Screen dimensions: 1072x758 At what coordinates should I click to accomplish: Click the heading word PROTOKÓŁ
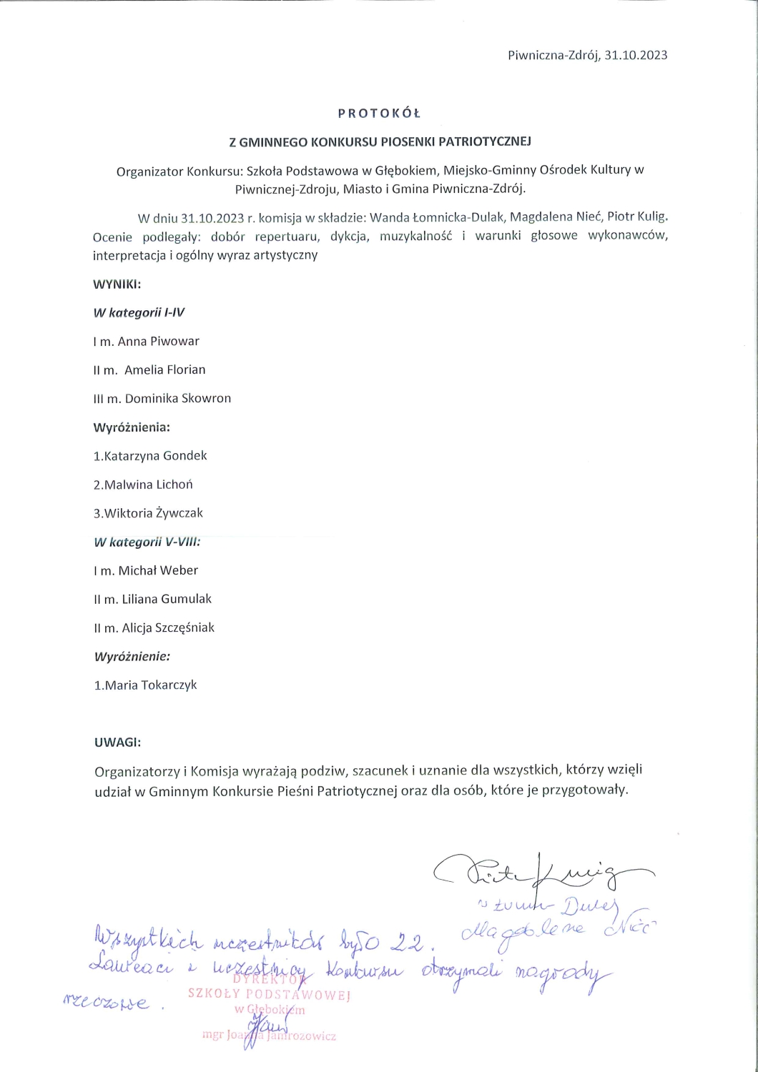coord(379,113)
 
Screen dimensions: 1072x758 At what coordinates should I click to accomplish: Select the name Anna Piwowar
coord(158,341)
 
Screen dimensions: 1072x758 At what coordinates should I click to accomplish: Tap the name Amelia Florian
coord(164,369)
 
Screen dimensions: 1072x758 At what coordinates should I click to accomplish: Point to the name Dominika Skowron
coord(177,398)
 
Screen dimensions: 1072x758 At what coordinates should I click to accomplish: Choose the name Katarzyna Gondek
coord(155,455)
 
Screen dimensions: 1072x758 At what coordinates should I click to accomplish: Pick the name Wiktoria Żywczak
coord(154,512)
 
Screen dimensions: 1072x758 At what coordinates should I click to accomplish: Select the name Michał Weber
coord(158,570)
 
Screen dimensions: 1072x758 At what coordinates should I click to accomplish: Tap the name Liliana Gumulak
coord(167,599)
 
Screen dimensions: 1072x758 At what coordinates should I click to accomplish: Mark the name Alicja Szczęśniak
coord(168,627)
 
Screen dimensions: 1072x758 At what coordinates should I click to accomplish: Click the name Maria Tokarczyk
coord(150,685)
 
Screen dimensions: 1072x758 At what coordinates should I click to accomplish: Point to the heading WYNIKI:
coord(117,284)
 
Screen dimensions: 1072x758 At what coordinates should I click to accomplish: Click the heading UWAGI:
coord(117,742)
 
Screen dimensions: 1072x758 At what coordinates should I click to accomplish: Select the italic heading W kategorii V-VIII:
coord(147,542)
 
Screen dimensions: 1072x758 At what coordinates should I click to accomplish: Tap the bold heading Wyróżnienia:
coord(132,427)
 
